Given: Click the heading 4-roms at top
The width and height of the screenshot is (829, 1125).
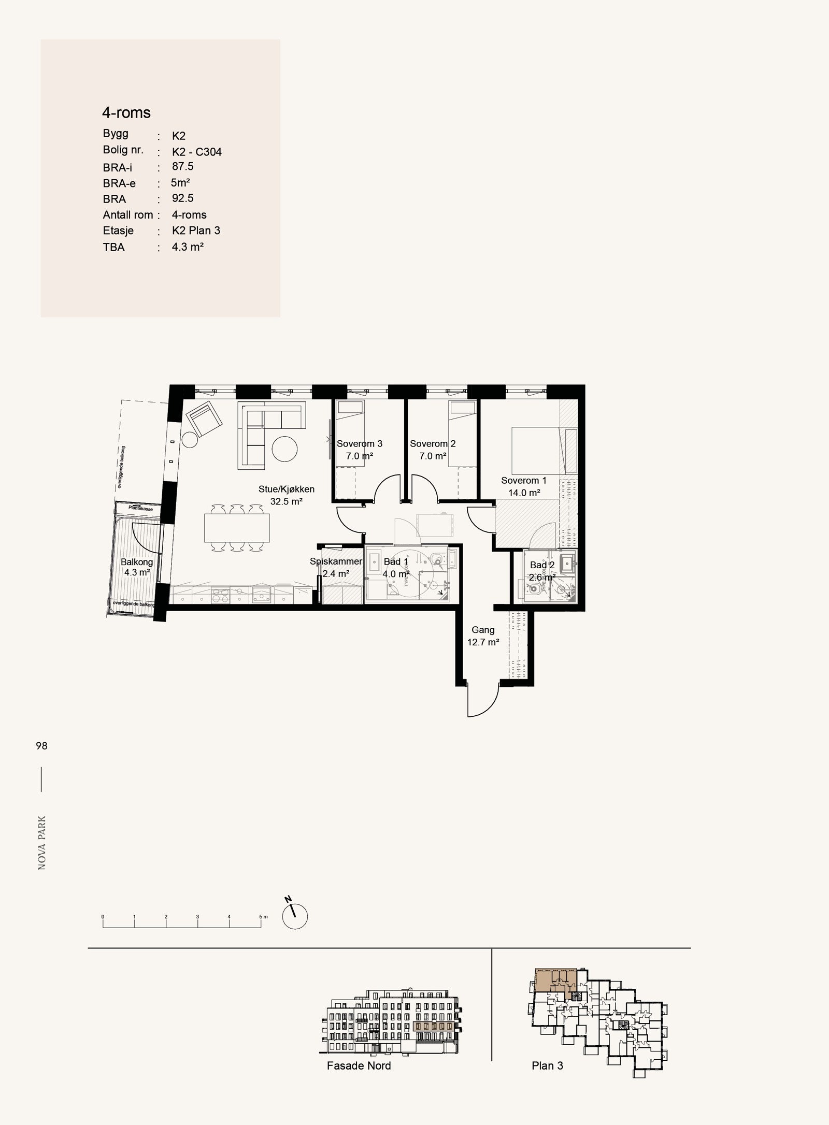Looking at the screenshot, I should tap(126, 112).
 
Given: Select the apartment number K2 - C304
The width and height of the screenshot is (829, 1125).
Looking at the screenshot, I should tap(197, 152).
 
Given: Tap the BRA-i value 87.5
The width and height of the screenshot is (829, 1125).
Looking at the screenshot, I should tap(182, 167).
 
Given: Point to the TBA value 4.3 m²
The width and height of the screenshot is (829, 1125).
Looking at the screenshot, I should tap(188, 247).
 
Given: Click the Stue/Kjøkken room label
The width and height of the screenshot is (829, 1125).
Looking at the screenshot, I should tap(286, 489).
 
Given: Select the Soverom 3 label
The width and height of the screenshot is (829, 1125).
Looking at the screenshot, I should tap(360, 444).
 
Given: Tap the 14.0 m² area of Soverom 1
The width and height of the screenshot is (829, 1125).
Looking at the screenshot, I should tap(524, 493).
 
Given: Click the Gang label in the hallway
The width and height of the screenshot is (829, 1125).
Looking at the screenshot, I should tap(482, 630).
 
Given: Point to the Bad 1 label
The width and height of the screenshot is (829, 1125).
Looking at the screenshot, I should tap(396, 562).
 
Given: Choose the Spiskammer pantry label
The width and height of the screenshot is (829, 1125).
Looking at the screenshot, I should tap(336, 561).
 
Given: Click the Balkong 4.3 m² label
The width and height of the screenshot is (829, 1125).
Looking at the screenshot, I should tap(137, 567).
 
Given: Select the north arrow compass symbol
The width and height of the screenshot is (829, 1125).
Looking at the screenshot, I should tap(295, 916).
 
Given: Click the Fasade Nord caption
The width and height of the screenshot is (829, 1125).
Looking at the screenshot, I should tap(359, 1066).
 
